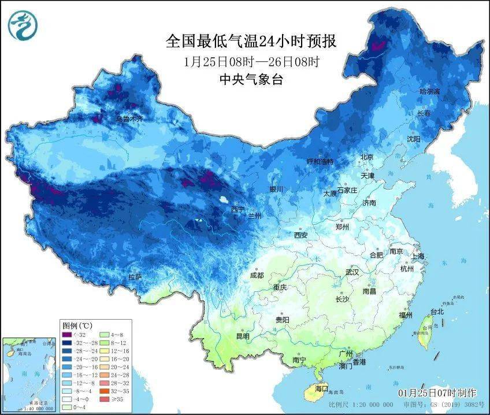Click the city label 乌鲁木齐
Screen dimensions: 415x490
point(128,119)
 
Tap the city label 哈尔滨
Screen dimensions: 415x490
point(429,92)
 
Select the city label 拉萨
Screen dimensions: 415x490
point(135,277)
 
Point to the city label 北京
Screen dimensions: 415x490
point(367,157)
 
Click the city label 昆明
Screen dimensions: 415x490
point(243,336)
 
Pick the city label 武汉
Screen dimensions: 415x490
point(352,272)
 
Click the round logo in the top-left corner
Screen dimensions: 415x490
point(22,24)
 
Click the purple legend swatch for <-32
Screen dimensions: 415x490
point(68,334)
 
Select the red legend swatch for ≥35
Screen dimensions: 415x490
point(105,399)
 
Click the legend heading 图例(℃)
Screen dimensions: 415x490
point(77,325)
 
